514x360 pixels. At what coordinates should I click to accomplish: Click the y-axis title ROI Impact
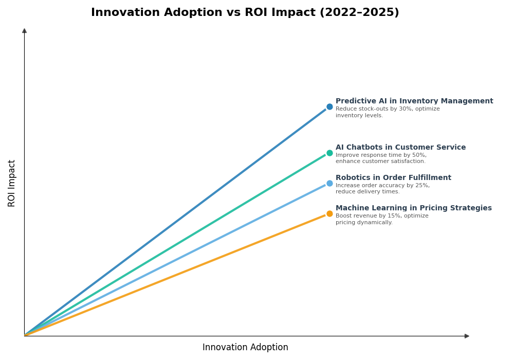12,183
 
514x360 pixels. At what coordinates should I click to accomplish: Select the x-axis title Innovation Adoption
245,348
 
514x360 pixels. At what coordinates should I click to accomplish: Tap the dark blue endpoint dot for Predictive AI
329,107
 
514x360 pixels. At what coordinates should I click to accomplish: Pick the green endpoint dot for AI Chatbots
329,153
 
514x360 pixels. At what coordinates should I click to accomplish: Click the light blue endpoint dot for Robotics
329,184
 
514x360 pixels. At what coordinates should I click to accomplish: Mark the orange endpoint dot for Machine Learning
329,214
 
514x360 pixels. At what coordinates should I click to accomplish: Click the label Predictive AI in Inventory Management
414,101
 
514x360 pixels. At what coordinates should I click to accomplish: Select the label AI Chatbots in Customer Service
400,148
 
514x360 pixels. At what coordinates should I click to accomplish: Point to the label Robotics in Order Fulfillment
393,178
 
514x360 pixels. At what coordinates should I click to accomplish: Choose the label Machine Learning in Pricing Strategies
413,208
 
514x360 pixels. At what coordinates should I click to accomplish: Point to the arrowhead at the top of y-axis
24,31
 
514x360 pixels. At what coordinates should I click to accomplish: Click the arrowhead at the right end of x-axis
467,336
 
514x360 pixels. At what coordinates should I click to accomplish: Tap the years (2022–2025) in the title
359,13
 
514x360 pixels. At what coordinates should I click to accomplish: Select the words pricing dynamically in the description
364,223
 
